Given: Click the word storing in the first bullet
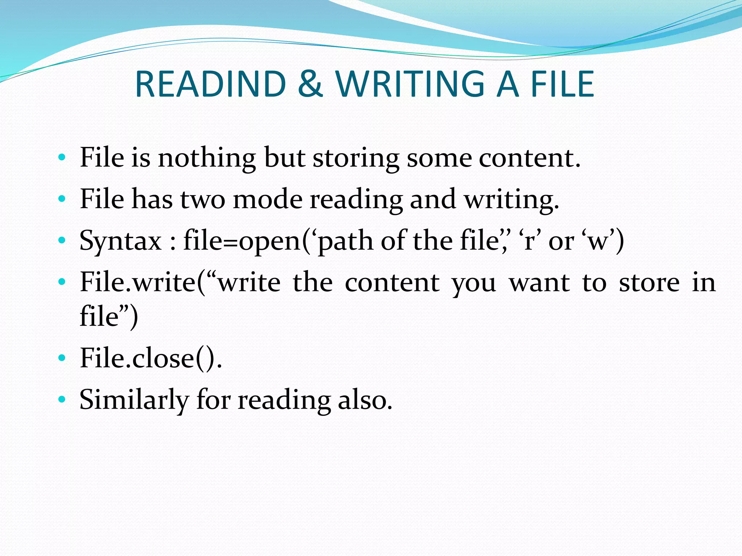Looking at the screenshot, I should coord(356,159).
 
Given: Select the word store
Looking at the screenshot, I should coord(649,283).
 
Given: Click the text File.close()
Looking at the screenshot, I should coord(151,358).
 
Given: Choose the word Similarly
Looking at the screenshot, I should coord(134,400).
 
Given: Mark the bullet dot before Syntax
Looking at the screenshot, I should coord(62,240).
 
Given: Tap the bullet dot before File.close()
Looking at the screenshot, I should coord(62,358).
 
